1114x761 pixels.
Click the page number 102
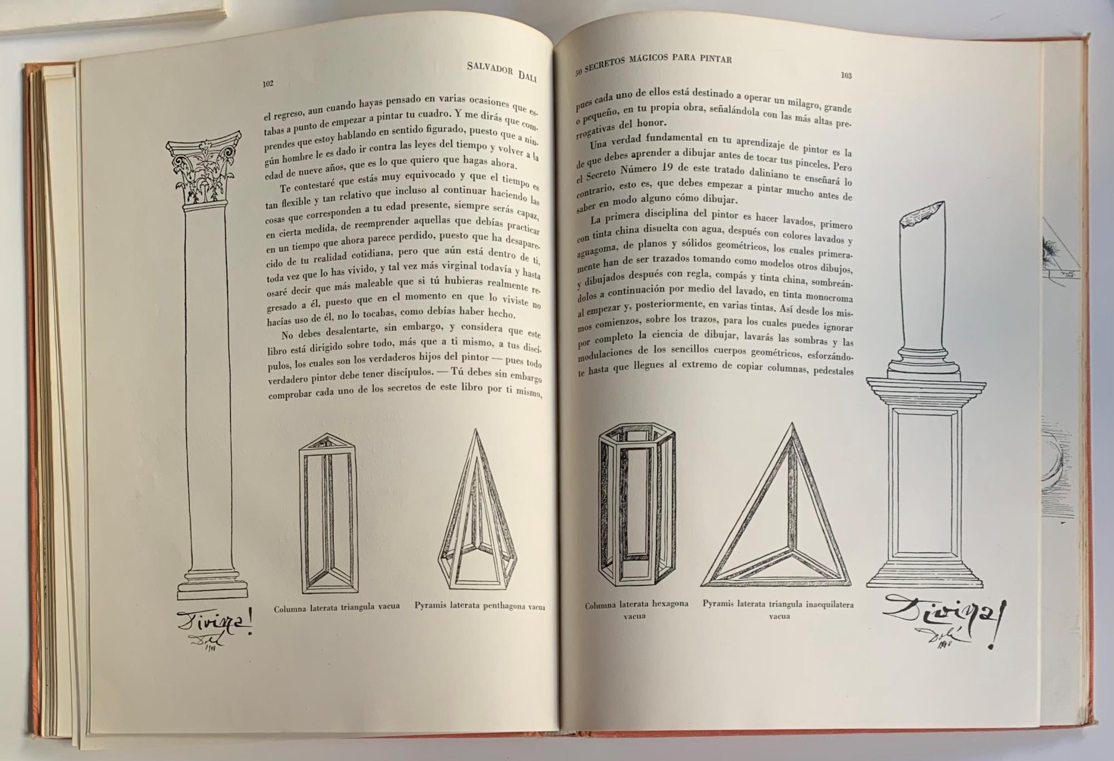tap(268, 84)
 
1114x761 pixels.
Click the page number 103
tap(846, 75)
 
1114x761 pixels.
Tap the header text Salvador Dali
tap(501, 71)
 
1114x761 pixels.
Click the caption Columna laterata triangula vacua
tap(337, 607)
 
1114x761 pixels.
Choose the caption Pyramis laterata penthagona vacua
tap(479, 606)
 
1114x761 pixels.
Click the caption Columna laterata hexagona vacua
tap(636, 609)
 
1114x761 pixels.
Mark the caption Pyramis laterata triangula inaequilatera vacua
tap(778, 609)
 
